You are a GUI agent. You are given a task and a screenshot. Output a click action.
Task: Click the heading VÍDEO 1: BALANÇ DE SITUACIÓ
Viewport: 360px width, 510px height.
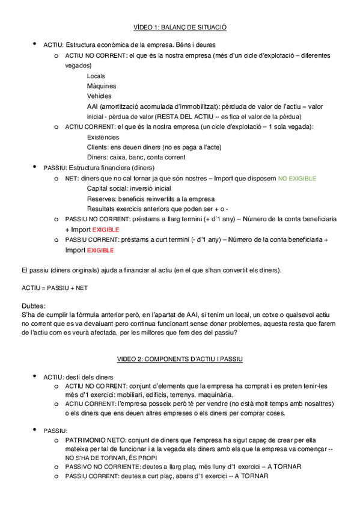(180, 27)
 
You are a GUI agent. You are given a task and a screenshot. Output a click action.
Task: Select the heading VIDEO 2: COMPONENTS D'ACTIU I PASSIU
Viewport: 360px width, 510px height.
(180, 359)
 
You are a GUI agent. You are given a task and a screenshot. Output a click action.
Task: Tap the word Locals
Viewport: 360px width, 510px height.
(96, 76)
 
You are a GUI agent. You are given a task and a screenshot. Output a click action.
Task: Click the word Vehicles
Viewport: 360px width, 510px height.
(99, 96)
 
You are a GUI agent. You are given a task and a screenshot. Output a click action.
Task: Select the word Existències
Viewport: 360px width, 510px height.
(103, 137)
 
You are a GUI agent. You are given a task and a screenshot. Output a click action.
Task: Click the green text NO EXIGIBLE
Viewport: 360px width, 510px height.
(296, 179)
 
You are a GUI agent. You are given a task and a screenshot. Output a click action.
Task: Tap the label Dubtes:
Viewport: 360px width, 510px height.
(33, 306)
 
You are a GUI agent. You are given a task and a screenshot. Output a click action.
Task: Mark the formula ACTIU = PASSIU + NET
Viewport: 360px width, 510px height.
(54, 288)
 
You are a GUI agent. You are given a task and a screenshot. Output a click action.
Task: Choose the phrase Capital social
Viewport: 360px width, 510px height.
(107, 188)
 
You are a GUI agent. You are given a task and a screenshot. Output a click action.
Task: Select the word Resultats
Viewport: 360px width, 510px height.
(100, 209)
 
